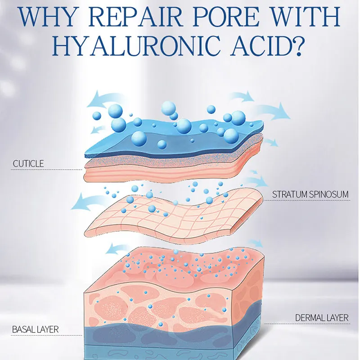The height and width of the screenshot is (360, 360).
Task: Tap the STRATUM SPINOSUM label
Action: coord(310,194)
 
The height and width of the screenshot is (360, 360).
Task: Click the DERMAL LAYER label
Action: coord(322,318)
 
